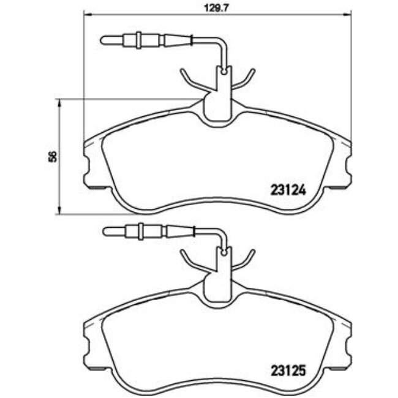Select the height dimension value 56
click(x=53, y=156)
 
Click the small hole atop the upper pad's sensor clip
click(x=223, y=72)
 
